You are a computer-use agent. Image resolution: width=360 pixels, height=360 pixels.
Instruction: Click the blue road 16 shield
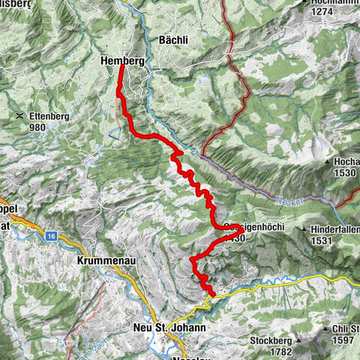point(50,235)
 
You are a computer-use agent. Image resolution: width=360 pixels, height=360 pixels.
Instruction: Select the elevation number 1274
point(325,11)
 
